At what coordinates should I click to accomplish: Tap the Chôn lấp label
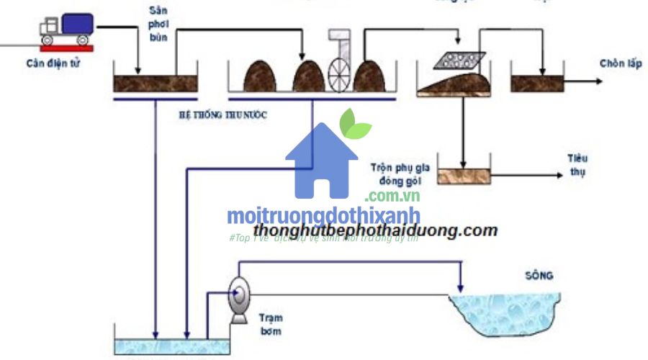tap(620, 64)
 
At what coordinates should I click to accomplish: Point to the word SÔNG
tap(540, 275)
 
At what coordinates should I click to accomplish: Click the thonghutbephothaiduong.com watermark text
tap(375, 230)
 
